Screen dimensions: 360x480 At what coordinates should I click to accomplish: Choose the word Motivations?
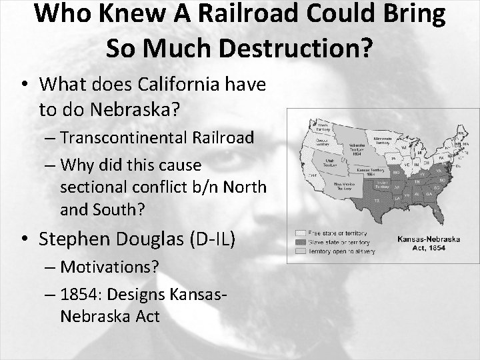pyautogui.click(x=109, y=267)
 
